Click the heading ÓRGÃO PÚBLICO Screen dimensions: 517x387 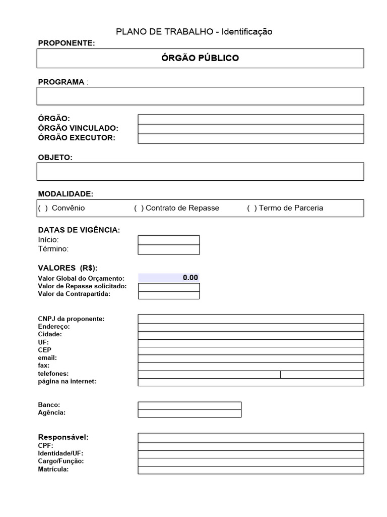click(200, 58)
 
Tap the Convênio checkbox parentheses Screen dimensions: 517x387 click(43, 208)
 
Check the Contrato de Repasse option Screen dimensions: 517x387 click(139, 208)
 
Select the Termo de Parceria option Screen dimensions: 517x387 click(252, 208)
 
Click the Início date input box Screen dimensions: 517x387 click(169, 240)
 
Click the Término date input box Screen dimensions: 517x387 click(169, 249)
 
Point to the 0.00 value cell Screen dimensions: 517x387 click(169, 278)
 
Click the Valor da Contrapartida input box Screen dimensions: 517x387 click(169, 295)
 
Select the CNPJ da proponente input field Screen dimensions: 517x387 click(250, 319)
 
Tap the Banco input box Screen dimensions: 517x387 click(189, 405)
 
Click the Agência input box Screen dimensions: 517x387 click(189, 413)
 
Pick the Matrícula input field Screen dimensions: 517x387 click(250, 470)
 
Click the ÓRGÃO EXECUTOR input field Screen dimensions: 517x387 click(250, 138)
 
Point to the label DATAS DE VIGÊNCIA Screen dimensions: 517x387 click(79, 230)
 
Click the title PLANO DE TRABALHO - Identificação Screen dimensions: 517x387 click(194, 32)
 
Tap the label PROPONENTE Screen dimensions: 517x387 click(67, 43)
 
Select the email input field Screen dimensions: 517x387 click(250, 358)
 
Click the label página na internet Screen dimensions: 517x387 click(67, 382)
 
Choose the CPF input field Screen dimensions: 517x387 click(250, 446)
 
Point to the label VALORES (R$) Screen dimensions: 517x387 click(68, 268)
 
